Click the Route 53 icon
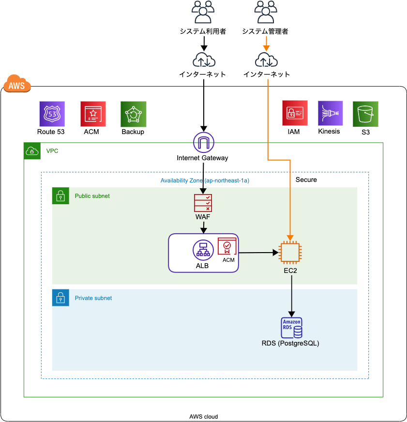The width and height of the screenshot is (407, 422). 52,114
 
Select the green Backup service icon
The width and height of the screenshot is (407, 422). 133,114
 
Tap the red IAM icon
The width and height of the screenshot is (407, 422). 295,114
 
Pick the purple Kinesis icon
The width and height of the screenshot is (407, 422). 330,114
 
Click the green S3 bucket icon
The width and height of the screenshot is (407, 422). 365,114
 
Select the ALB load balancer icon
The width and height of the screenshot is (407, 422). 203,250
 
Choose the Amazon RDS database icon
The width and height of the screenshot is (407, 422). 291,328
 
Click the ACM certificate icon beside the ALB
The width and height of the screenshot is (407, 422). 227,246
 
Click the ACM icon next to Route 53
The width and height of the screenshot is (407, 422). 92,114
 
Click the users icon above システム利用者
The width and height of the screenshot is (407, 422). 203,12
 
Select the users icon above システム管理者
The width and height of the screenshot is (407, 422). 265,12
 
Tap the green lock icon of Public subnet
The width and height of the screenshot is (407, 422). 60,196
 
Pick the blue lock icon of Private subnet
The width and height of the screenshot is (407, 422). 60,298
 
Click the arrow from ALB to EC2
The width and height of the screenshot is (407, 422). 259,252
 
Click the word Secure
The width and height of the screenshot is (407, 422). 306,180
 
